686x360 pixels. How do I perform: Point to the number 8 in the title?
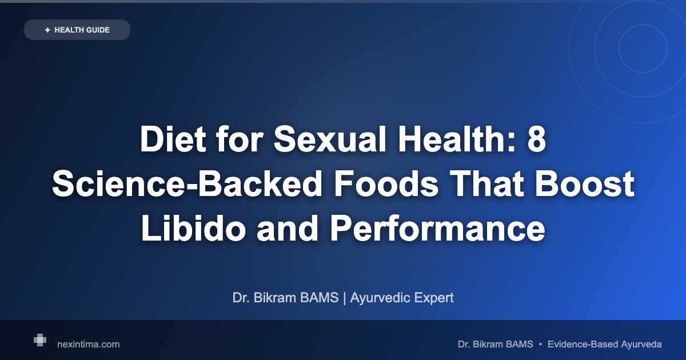(x=536, y=139)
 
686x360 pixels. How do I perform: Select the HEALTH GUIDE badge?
(x=77, y=30)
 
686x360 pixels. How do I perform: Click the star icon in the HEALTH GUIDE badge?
(x=47, y=30)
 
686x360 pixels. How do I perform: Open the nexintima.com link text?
(x=89, y=344)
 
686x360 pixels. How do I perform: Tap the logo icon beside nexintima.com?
(x=40, y=340)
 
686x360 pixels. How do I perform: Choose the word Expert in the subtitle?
(x=435, y=298)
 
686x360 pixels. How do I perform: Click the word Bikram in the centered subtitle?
(x=279, y=298)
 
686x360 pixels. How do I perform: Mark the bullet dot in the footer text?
(x=541, y=344)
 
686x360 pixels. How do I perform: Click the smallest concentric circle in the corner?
(x=643, y=49)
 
